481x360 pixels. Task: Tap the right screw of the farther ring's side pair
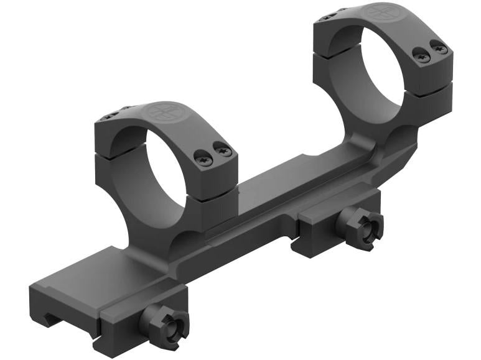coord(439,47)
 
